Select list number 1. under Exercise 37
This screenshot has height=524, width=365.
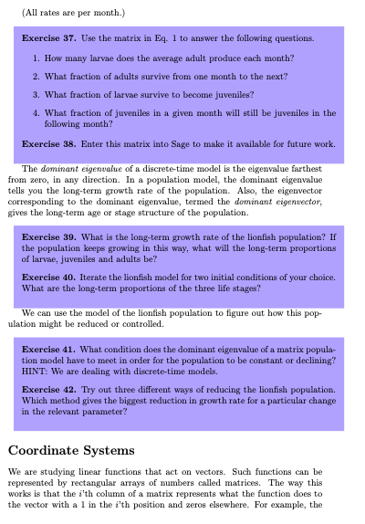(35, 59)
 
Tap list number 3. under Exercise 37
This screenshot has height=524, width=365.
(35, 94)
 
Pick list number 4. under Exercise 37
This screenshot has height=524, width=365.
(35, 111)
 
